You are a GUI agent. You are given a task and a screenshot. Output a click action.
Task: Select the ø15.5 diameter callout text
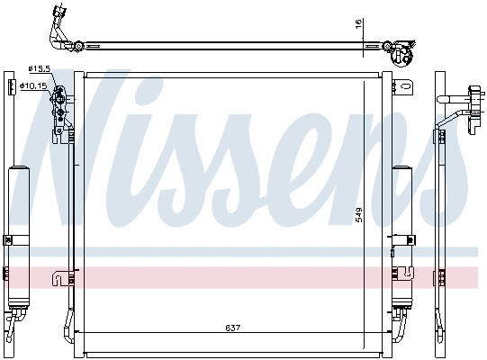38,68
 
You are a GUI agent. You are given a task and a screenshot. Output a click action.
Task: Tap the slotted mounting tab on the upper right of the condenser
407,90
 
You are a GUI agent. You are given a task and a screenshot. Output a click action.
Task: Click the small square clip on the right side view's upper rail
442,136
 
